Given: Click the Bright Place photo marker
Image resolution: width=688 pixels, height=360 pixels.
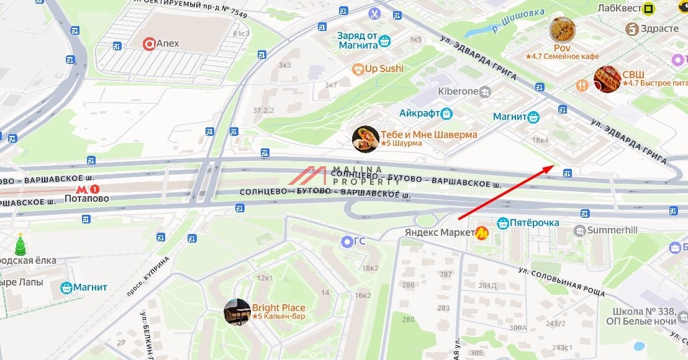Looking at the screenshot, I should pyautogui.click(x=237, y=312).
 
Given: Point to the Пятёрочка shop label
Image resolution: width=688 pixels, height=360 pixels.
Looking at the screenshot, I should pyautogui.click(x=528, y=223).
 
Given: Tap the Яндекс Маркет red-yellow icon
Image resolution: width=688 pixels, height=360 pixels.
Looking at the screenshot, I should pyautogui.click(x=482, y=233).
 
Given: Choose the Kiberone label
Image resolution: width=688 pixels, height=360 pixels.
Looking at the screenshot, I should pyautogui.click(x=458, y=92).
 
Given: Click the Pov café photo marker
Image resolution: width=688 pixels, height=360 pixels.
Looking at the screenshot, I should pyautogui.click(x=562, y=29).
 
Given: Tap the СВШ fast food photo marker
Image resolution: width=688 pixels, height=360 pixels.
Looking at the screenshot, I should pyautogui.click(x=607, y=79).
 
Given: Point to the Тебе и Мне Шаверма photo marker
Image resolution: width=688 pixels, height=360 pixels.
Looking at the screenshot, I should pyautogui.click(x=365, y=138).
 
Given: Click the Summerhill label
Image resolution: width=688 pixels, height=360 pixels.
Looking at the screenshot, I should pyautogui.click(x=612, y=230).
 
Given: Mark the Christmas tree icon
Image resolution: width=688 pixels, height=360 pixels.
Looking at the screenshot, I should pyautogui.click(x=20, y=245).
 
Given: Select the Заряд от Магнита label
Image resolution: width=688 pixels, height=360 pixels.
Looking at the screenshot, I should pyautogui.click(x=358, y=40).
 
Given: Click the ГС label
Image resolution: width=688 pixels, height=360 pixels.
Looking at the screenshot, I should pyautogui.click(x=359, y=241).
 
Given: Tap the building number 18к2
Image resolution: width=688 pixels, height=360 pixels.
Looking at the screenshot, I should pyautogui.click(x=370, y=268).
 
